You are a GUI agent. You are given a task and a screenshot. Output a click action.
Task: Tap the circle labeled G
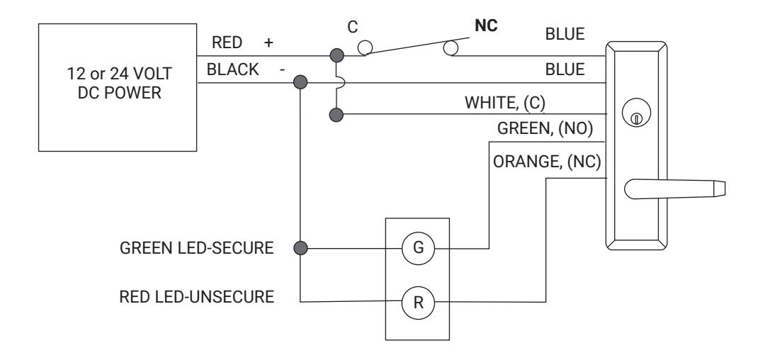pyautogui.click(x=418, y=248)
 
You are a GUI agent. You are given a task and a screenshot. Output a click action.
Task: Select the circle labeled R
pyautogui.click(x=418, y=303)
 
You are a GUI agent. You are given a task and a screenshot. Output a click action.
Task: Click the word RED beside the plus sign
pyautogui.click(x=227, y=43)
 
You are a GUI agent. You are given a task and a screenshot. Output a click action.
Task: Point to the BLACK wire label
pyautogui.click(x=232, y=69)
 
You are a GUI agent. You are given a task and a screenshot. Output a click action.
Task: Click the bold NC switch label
pyautogui.click(x=486, y=26)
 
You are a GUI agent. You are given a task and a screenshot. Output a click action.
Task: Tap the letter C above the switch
pyautogui.click(x=352, y=27)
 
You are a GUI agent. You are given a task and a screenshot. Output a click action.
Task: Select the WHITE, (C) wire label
pyautogui.click(x=505, y=103)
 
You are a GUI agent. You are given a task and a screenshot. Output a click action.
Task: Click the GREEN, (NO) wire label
pyautogui.click(x=545, y=129)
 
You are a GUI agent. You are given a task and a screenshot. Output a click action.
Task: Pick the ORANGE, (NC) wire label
pyautogui.click(x=547, y=162)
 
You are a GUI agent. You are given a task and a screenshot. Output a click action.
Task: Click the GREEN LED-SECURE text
pyautogui.click(x=196, y=248)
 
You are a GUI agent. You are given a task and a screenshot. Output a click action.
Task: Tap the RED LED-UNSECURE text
pyautogui.click(x=196, y=296)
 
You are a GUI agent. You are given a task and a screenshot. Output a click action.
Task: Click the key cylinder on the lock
pyautogui.click(x=636, y=113)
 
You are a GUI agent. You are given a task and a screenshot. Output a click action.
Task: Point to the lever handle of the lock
pyautogui.click(x=674, y=189)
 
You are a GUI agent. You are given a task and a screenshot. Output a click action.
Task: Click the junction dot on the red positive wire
pyautogui.click(x=336, y=55)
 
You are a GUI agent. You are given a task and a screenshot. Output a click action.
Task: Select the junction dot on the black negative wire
pyautogui.click(x=300, y=82)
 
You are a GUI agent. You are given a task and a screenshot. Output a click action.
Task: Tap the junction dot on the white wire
pyautogui.click(x=336, y=116)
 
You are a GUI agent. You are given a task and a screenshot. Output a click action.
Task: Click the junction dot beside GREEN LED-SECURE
pyautogui.click(x=300, y=248)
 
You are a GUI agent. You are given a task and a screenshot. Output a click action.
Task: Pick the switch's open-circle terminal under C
pyautogui.click(x=365, y=47)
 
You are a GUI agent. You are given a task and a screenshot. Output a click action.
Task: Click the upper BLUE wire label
pyautogui.click(x=565, y=34)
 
